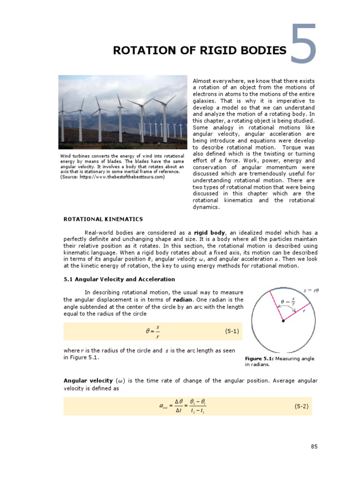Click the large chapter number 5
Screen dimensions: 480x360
304,45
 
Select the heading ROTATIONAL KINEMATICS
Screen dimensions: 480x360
103,219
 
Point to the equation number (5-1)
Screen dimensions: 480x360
232,331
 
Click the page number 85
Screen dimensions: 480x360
314,447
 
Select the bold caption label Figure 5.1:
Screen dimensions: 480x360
259,359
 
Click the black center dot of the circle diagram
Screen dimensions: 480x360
283,321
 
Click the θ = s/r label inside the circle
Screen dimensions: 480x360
288,302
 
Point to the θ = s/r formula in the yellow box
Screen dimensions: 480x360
152,331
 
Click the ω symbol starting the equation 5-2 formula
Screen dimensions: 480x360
163,407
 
